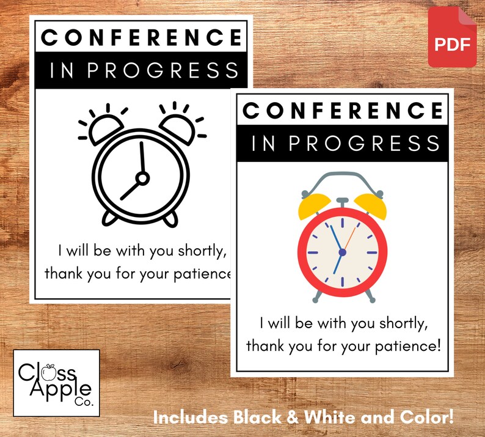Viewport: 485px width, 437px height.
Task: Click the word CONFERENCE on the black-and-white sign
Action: [x=141, y=38]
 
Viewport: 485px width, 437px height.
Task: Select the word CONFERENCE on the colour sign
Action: [x=343, y=111]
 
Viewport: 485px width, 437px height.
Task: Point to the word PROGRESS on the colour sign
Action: [x=364, y=144]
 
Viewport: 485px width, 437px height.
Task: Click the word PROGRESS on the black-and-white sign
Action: [x=163, y=70]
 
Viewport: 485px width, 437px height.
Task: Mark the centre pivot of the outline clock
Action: [x=142, y=178]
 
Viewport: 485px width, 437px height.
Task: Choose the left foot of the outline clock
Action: [x=110, y=218]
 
